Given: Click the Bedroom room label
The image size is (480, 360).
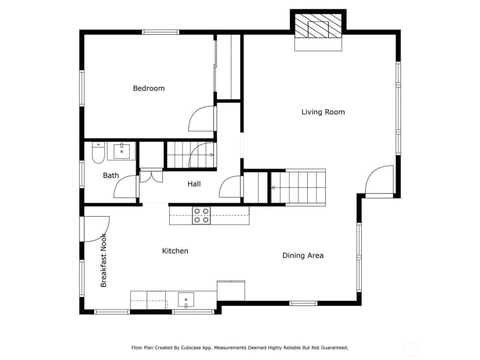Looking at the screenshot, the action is tap(149, 89).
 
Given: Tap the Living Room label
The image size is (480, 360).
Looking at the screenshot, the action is tap(323, 112).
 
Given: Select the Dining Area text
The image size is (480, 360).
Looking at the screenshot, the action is tap(303, 255).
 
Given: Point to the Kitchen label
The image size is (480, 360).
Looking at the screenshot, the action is tap(175, 251).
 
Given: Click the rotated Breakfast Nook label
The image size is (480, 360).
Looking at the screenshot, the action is tap(103, 260).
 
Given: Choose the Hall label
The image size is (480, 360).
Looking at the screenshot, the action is tap(194, 184).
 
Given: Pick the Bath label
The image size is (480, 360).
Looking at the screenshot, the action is tap(111, 176).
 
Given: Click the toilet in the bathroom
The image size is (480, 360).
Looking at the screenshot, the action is tap(99, 152).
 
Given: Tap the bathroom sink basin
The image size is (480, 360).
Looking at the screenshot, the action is tap(122, 151).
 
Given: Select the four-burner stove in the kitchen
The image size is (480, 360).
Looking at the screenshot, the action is tap(201, 216).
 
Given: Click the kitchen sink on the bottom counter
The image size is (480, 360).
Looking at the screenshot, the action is tap(186, 300).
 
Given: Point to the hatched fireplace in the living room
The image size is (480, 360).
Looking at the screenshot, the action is tap(318, 26).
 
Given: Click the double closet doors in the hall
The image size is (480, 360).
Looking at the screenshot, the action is tap(151, 177).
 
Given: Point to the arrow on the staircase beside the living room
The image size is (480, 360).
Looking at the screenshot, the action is tap(273, 188).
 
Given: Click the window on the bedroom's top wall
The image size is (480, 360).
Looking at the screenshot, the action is tap(161, 32).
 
